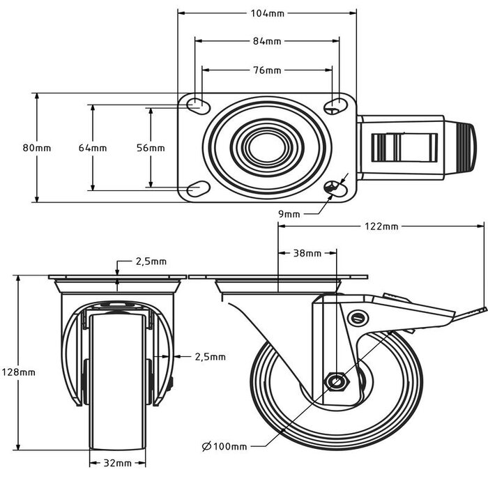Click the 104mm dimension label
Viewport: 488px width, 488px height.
(x=268, y=13)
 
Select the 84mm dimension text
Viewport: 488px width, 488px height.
(x=268, y=41)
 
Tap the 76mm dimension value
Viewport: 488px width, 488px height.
(x=268, y=70)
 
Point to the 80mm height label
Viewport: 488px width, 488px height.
(x=36, y=148)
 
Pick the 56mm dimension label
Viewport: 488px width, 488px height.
(x=151, y=148)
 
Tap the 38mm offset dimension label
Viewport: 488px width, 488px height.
(x=307, y=253)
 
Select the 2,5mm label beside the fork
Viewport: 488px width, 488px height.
(x=210, y=356)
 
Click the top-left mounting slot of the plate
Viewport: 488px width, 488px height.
(x=198, y=106)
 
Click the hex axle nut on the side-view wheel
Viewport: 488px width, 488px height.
(x=337, y=381)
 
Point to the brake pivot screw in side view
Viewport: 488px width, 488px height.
(x=358, y=319)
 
